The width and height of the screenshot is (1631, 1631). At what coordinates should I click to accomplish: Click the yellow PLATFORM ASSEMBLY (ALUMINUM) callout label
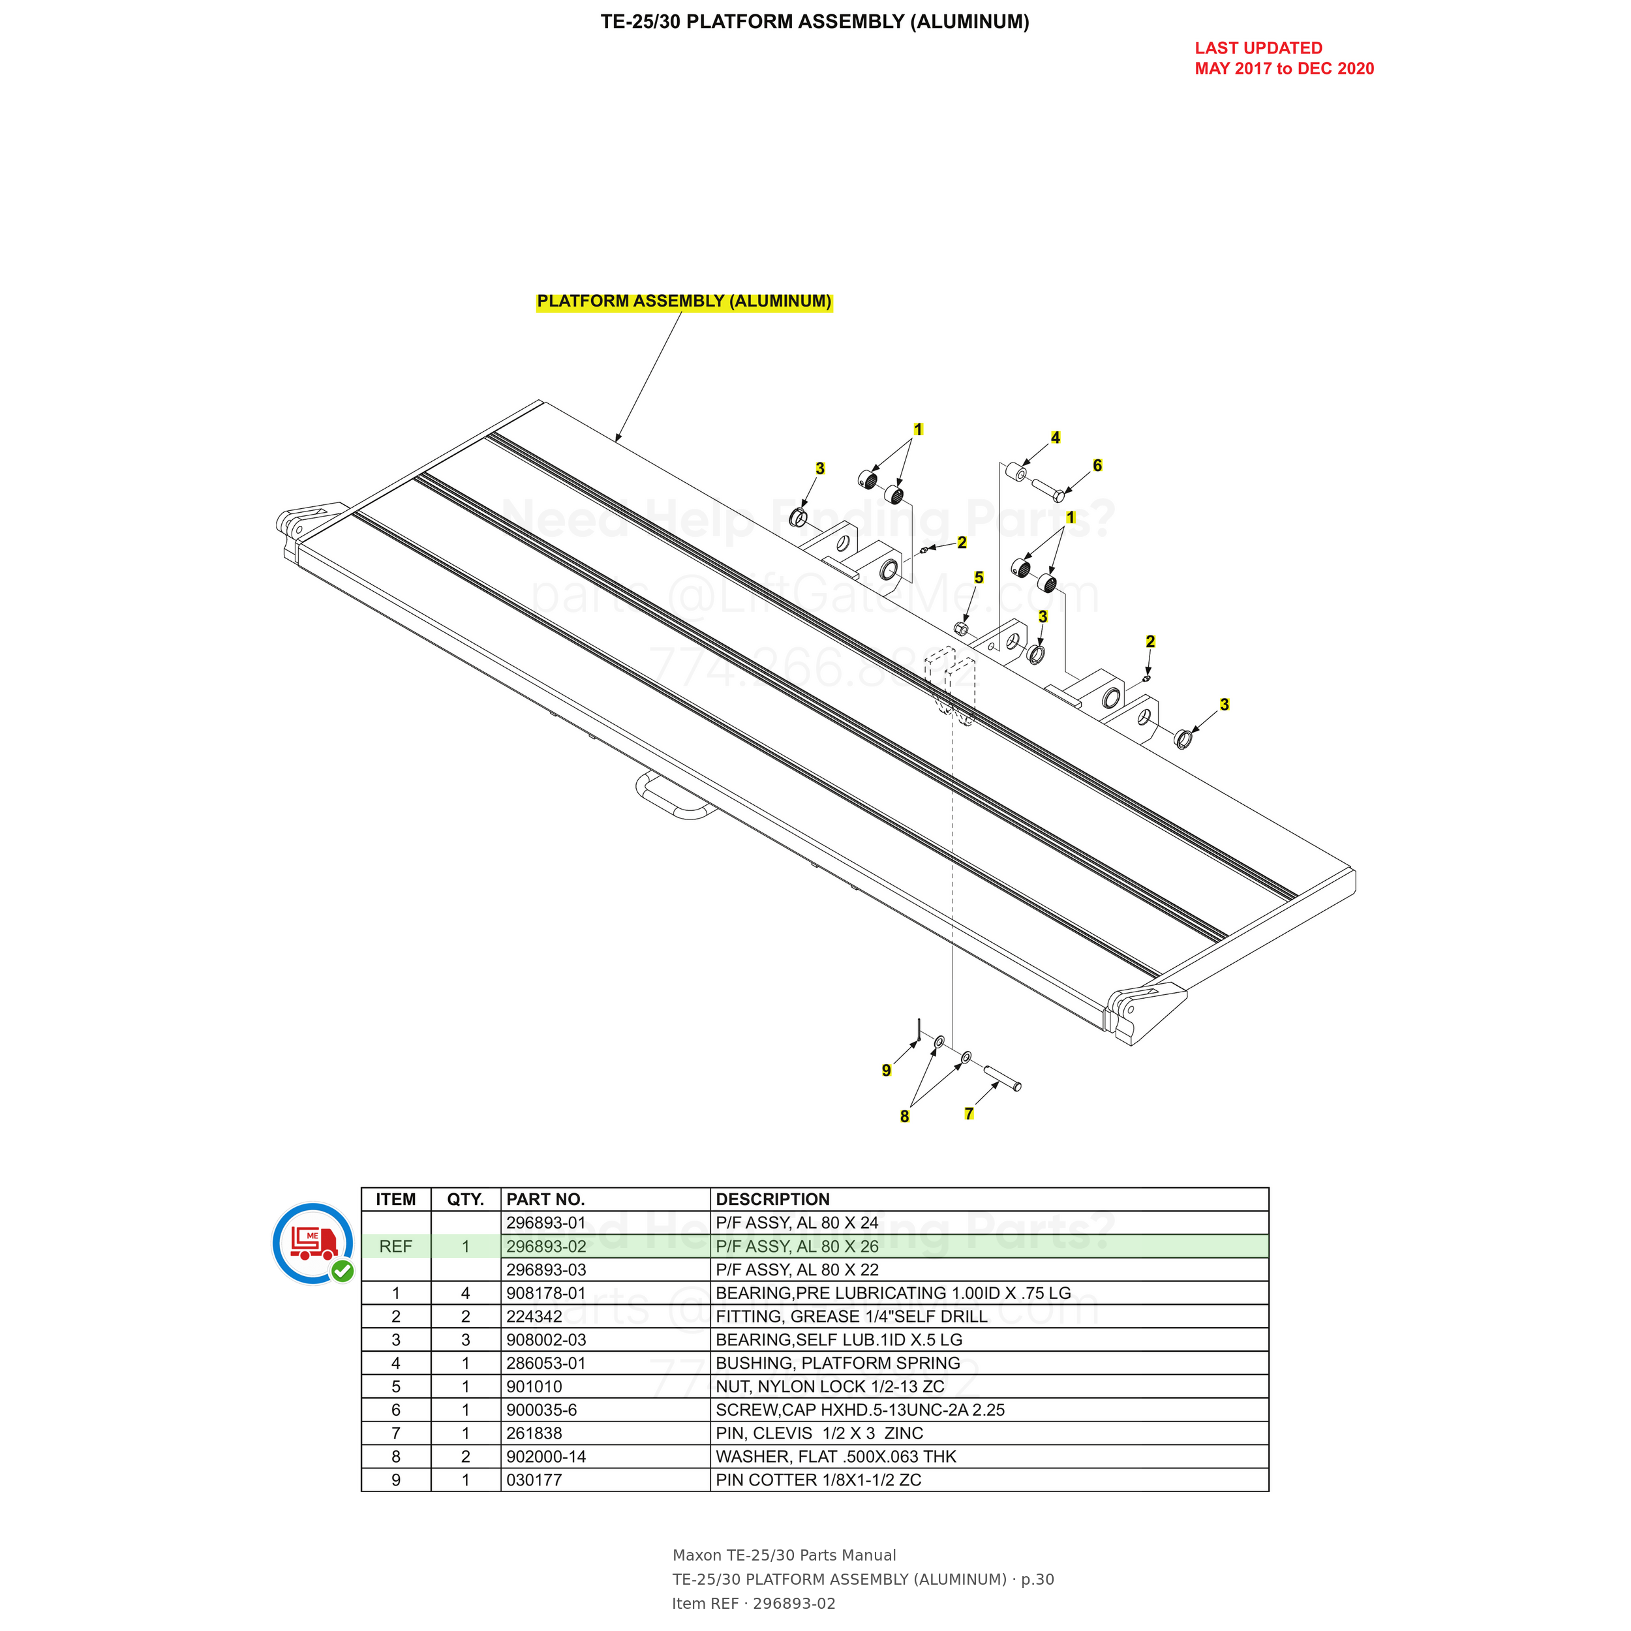click(x=684, y=301)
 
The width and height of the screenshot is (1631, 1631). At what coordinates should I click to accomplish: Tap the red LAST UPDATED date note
click(x=1284, y=58)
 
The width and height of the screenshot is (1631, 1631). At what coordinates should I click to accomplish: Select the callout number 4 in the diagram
click(x=1055, y=437)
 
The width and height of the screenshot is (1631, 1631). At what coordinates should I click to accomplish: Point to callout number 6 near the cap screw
click(x=1097, y=465)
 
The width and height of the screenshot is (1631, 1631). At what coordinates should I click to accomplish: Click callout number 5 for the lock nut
click(x=979, y=577)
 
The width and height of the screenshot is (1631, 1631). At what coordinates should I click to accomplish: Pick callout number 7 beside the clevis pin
click(x=969, y=1114)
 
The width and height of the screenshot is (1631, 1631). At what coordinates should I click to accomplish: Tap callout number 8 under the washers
click(x=905, y=1116)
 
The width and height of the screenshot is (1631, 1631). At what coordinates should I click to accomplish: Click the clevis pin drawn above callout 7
click(x=1003, y=1079)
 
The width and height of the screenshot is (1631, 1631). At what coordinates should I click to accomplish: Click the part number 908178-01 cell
click(x=546, y=1293)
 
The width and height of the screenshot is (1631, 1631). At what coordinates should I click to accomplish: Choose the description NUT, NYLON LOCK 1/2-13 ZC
click(x=830, y=1387)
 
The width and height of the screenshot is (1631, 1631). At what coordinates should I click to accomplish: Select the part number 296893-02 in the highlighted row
click(x=546, y=1247)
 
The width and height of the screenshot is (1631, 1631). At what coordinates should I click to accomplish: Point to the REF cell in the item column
click(x=396, y=1247)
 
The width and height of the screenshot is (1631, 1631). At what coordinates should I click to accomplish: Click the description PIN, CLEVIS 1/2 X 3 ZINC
click(x=819, y=1433)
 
